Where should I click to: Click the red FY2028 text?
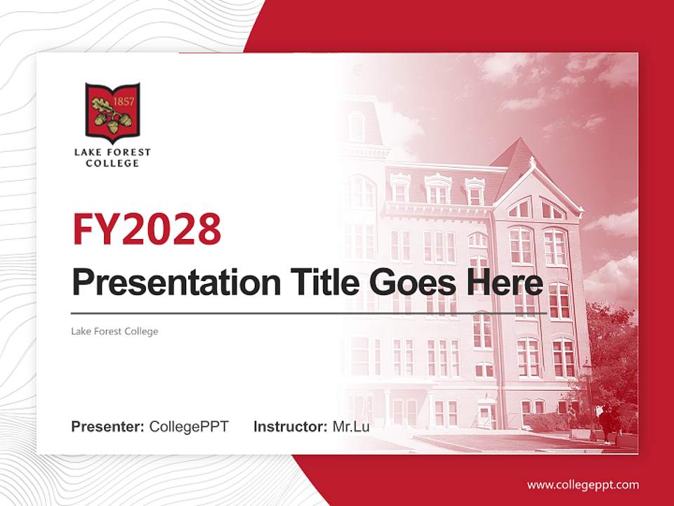click(147, 228)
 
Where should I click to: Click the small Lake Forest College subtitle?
click(114, 331)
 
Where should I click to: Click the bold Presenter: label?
click(108, 427)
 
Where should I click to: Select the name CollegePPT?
click(189, 427)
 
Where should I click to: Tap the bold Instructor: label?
click(290, 427)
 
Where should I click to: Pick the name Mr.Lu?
click(351, 427)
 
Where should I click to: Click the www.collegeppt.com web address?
click(583, 485)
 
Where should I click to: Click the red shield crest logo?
click(112, 111)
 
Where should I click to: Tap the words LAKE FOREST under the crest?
click(112, 152)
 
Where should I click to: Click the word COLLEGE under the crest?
click(112, 164)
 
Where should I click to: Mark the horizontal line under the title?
click(309, 313)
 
